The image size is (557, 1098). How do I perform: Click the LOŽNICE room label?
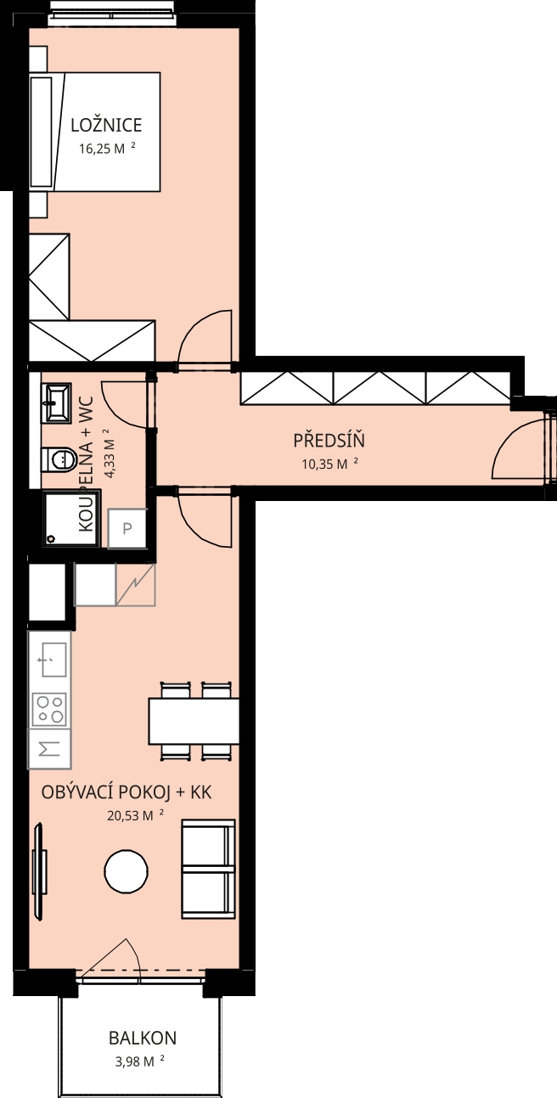click(106, 126)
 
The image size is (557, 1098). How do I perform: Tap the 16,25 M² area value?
click(107, 149)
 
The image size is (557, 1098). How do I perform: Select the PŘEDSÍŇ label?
click(329, 440)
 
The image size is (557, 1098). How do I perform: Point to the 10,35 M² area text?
click(329, 464)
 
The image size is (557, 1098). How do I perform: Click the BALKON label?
click(143, 1038)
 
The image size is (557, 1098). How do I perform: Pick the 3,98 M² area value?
click(140, 1061)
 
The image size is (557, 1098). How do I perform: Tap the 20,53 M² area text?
click(135, 816)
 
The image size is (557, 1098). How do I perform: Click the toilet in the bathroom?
click(58, 459)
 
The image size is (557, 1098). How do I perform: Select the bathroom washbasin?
click(58, 403)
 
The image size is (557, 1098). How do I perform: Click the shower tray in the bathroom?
click(72, 519)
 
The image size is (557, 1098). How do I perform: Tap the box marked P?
click(127, 528)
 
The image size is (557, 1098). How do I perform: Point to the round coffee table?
click(126, 871)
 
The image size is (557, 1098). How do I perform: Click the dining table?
click(194, 721)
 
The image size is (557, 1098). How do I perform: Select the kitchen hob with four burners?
click(49, 709)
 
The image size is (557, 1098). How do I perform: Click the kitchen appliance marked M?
click(49, 748)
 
